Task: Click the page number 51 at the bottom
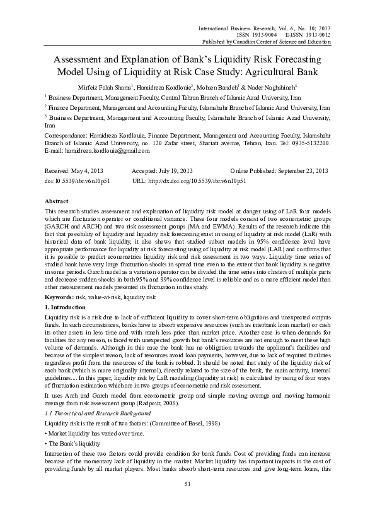[187, 501]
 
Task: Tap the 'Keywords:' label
[52, 295]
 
